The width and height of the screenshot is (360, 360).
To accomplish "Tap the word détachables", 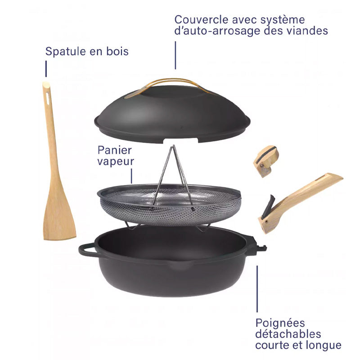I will (288, 334).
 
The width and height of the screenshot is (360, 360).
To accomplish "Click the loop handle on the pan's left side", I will (87, 249).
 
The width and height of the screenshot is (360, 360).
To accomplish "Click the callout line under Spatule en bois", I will (45, 69).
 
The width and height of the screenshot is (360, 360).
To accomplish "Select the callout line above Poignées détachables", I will (257, 288).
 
